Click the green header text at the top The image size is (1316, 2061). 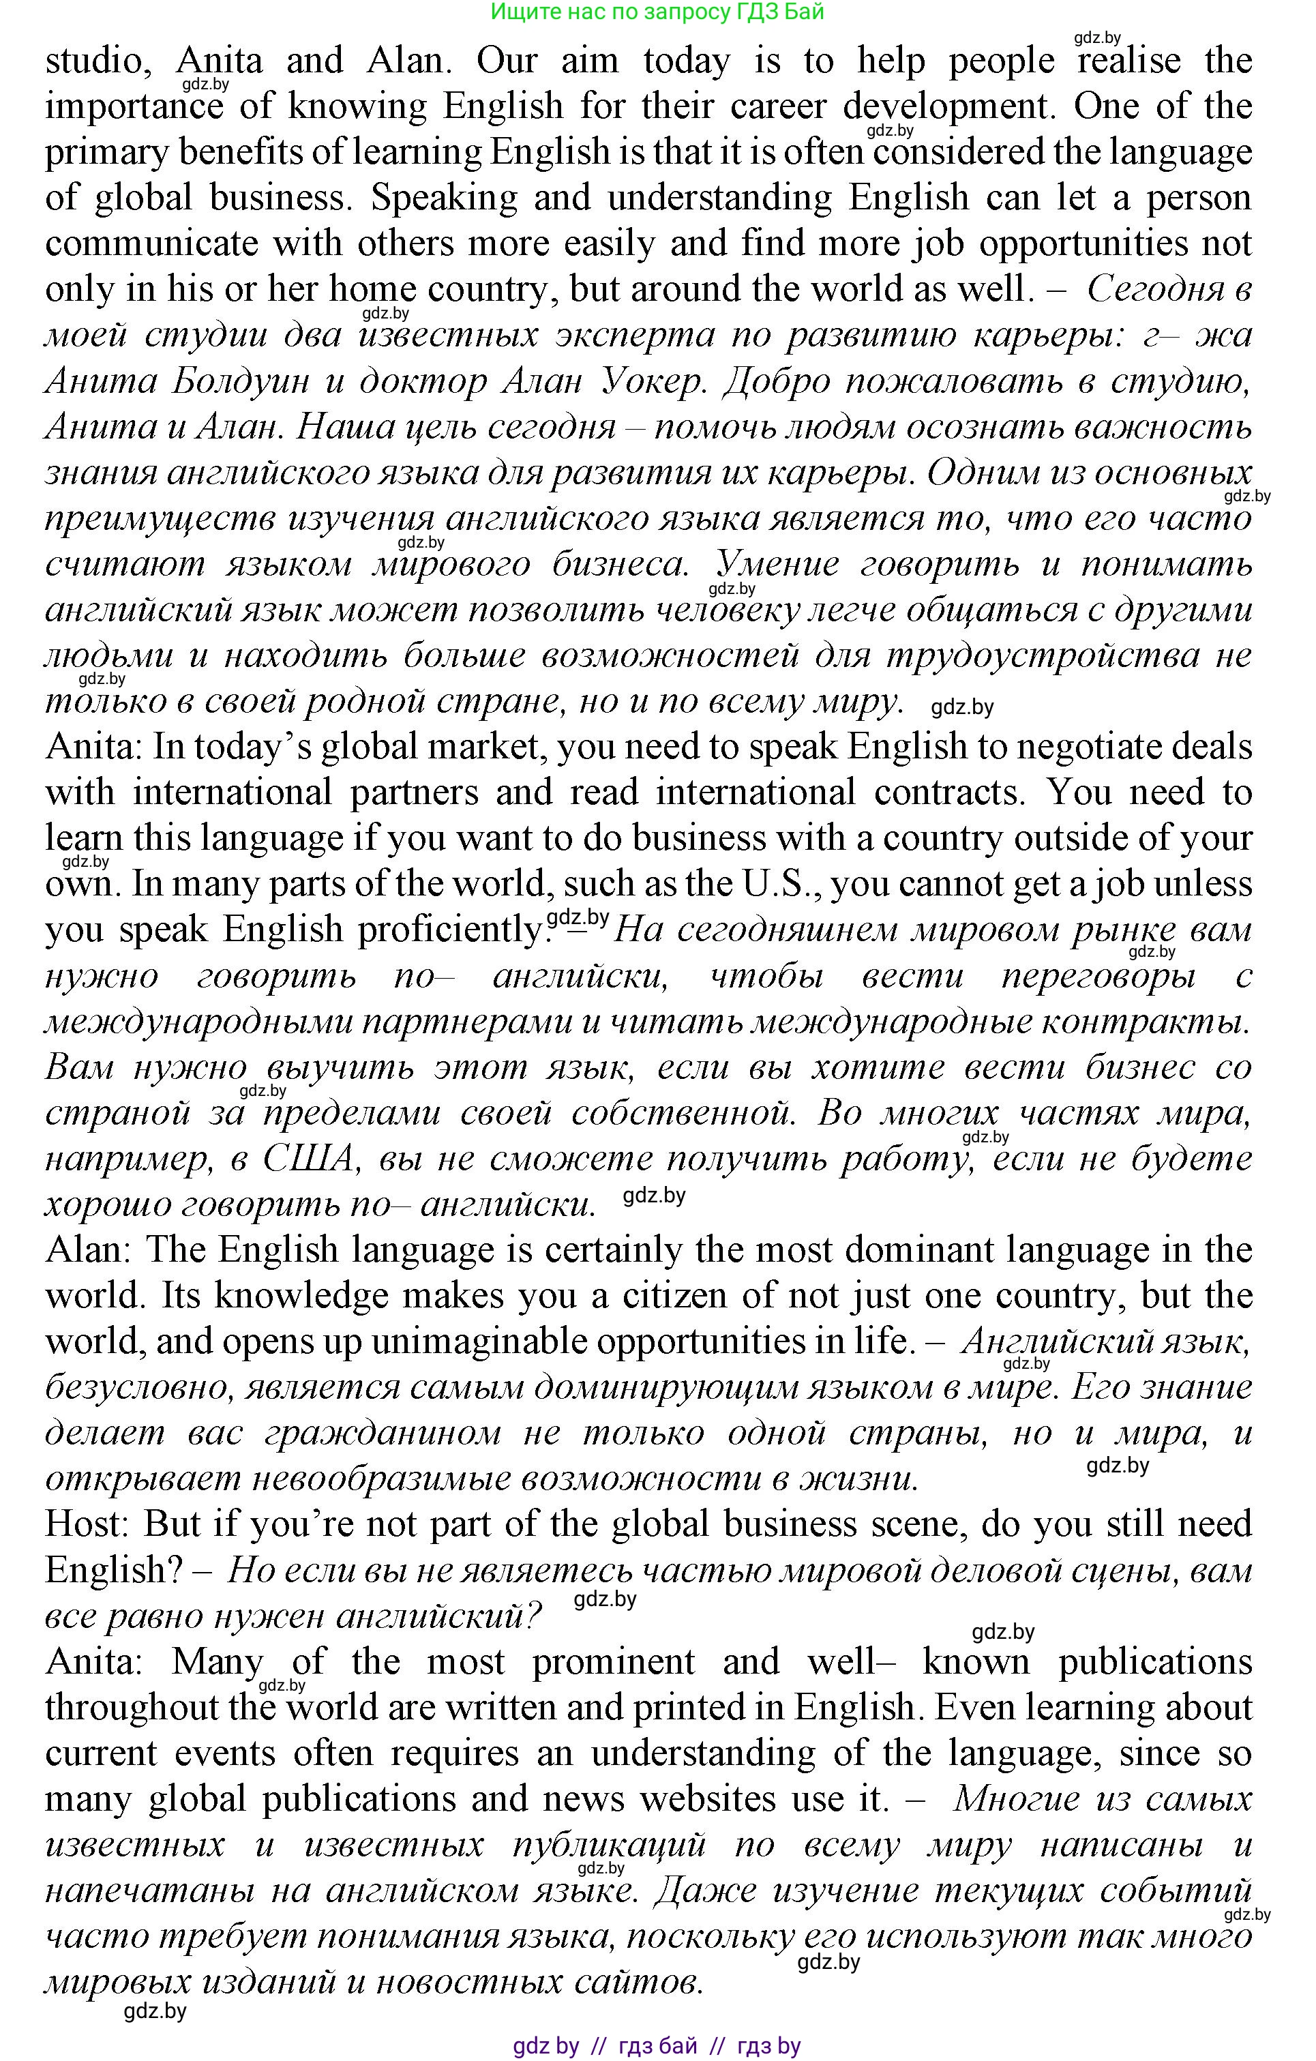coord(657,12)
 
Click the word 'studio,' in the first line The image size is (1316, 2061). coord(94,61)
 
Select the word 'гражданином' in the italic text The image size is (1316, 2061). coord(383,1433)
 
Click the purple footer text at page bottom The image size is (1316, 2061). coord(657,2045)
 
